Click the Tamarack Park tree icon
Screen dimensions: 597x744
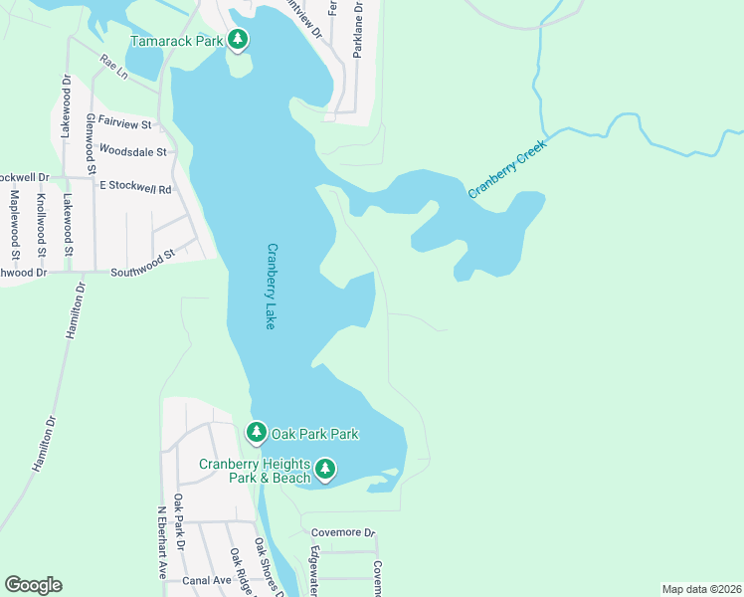[237, 40]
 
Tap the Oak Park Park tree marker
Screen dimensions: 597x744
[257, 433]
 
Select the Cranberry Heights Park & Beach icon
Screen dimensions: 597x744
[325, 469]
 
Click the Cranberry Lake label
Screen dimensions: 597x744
[271, 288]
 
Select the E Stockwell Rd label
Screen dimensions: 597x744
[134, 187]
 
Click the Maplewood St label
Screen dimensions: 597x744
[15, 223]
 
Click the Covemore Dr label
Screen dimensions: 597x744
[342, 532]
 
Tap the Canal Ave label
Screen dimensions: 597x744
[206, 580]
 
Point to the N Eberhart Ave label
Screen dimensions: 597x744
[162, 543]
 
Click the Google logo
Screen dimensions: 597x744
[33, 585]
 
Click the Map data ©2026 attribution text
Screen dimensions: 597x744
[700, 588]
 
